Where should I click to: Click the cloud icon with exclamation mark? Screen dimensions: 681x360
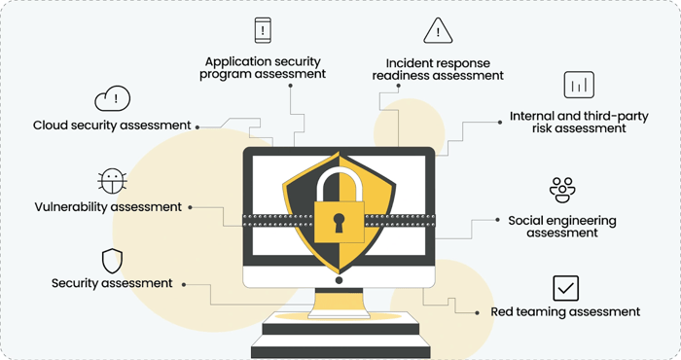[x=113, y=98]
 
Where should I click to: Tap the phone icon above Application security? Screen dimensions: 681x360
[x=263, y=30]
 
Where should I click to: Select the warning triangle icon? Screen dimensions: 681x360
[x=438, y=31]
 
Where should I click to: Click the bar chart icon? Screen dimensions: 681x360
[x=579, y=85]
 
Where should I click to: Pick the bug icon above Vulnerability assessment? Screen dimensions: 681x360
[x=112, y=181]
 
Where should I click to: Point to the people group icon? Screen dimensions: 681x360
[x=562, y=190]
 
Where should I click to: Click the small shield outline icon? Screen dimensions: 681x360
[x=112, y=261]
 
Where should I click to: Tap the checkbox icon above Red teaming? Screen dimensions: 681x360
[x=566, y=288]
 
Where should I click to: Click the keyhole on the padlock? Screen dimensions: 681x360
[x=339, y=223]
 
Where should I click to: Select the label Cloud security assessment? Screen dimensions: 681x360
[x=112, y=126]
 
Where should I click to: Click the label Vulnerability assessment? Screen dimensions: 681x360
[x=108, y=206]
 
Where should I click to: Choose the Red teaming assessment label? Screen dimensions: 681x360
[x=565, y=311]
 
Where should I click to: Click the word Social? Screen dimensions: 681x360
[x=525, y=220]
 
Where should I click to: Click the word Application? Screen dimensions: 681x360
[x=233, y=62]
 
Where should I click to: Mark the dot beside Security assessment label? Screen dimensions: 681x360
[x=184, y=284]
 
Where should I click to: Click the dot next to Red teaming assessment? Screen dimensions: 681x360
[x=478, y=312]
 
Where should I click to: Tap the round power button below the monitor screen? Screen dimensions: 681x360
[x=339, y=280]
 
